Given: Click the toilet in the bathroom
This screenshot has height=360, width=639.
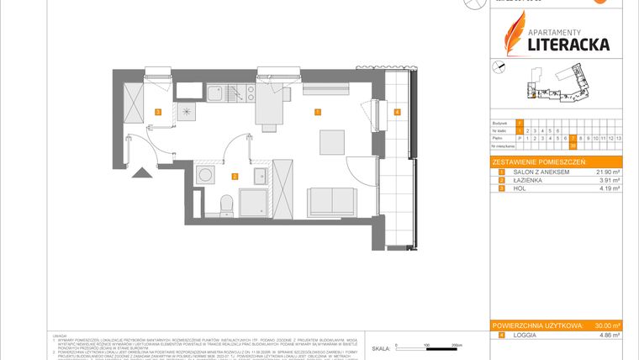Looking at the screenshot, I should coord(224,204).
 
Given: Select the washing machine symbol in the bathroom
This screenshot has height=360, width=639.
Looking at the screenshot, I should coord(203,175).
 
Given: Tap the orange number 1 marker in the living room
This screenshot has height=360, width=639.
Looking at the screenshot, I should coord(317,112).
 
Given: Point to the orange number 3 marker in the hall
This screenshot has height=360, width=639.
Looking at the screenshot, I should coord(157,112).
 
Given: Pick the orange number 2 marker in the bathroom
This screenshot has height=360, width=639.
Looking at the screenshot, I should coord(235,176).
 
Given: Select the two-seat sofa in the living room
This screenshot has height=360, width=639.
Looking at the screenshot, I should coord(330,201).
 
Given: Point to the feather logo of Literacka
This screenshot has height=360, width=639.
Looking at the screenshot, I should coord(514,31).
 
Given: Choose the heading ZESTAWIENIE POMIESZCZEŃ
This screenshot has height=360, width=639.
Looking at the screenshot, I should coord(539,161).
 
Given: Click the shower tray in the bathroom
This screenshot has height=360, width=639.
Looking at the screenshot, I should coord(255,202).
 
